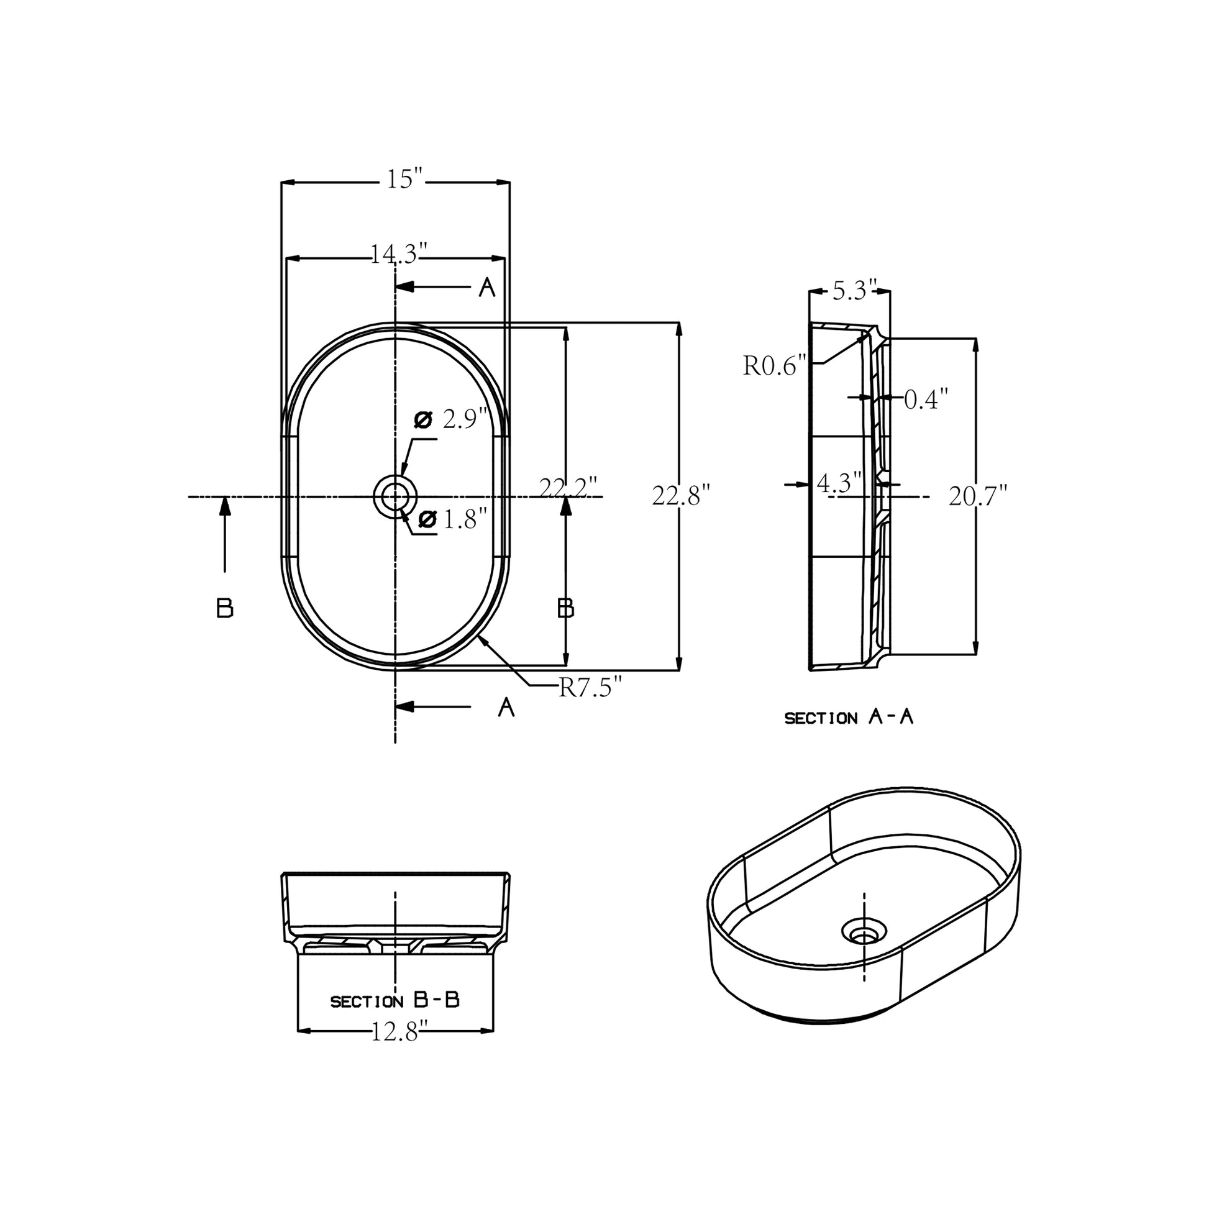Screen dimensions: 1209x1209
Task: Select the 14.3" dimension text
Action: click(x=399, y=254)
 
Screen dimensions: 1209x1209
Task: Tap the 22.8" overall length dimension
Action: click(x=681, y=496)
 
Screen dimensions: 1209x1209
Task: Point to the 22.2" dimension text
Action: click(x=568, y=488)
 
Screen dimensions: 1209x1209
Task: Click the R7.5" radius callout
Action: click(x=590, y=688)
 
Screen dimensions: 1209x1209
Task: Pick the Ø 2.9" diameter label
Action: click(x=451, y=419)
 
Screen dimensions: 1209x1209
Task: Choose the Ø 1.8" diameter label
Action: click(x=452, y=519)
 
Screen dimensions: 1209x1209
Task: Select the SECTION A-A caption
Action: click(x=849, y=718)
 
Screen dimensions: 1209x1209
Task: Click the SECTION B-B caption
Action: click(x=395, y=1001)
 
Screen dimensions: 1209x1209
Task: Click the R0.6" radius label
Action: click(x=774, y=365)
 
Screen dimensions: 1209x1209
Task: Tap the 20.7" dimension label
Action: click(x=977, y=496)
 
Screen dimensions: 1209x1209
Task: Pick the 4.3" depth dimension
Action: click(x=839, y=483)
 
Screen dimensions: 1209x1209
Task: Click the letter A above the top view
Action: click(x=487, y=287)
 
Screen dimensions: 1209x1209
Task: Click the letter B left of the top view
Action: click(x=225, y=608)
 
